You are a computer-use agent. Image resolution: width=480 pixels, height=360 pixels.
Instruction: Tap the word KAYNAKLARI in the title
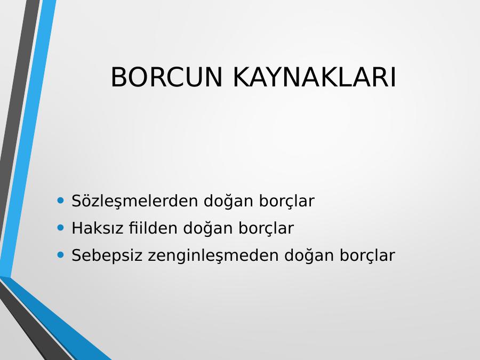[x=315, y=77]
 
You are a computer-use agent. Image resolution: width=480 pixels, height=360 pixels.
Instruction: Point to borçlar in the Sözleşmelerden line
[x=287, y=202]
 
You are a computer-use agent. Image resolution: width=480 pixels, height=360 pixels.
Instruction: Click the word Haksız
[x=98, y=228]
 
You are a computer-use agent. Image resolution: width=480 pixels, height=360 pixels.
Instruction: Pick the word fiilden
[x=153, y=228]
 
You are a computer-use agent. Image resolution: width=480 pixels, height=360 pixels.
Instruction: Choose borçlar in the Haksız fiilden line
[x=266, y=228]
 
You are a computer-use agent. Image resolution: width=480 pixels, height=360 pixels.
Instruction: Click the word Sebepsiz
[x=107, y=255]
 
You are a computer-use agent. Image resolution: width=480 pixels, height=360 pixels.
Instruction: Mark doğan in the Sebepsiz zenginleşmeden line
[x=309, y=255]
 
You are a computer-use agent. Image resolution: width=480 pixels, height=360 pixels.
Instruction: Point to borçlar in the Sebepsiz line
[x=367, y=255]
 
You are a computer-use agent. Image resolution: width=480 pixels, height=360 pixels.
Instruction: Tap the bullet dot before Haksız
[x=61, y=228]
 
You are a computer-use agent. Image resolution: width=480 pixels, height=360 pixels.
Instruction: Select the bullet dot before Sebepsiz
[x=61, y=255]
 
